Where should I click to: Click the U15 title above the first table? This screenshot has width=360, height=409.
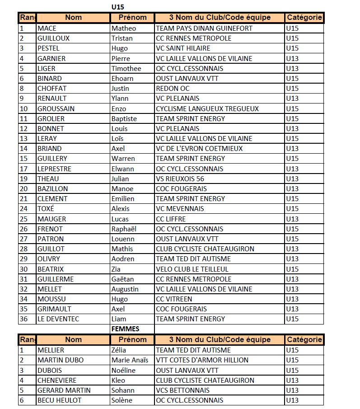[117, 7]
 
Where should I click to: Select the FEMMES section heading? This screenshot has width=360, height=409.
[125, 329]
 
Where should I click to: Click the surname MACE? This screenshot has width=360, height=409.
[47, 28]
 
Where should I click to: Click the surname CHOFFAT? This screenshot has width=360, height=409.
[52, 89]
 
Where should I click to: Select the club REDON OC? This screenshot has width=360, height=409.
[173, 89]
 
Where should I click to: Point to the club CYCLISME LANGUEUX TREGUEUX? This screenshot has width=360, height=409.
[207, 108]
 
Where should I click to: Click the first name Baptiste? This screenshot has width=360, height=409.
[124, 119]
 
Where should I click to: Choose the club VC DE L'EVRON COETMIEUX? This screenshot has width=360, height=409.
[199, 149]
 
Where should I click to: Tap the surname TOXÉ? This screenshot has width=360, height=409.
[46, 209]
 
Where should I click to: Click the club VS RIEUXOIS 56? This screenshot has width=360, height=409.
[180, 179]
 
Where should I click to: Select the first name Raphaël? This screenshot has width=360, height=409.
[124, 229]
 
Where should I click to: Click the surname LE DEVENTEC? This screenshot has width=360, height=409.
[58, 319]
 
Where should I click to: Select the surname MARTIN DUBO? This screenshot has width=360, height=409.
[61, 360]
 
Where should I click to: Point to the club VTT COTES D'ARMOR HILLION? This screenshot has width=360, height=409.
[202, 360]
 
